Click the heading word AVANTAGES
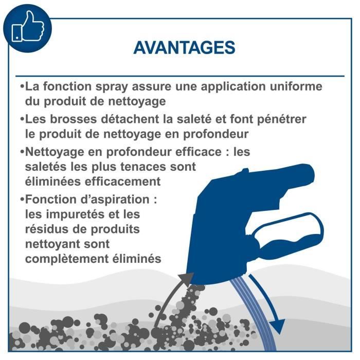tap(184, 47)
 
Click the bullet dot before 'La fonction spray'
tap(22, 86)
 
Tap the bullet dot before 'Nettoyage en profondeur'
tap(22, 153)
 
